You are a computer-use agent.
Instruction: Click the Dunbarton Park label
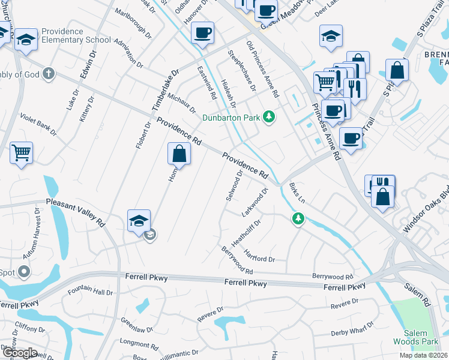[x=231, y=118]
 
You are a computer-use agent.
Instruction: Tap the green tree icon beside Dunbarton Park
[x=270, y=117]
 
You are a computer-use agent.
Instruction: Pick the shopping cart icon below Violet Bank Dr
[x=21, y=153]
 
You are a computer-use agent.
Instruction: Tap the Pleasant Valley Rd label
[x=75, y=212]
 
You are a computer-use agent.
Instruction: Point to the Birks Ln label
[x=298, y=193]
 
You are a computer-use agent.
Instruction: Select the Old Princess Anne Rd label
[x=263, y=70]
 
